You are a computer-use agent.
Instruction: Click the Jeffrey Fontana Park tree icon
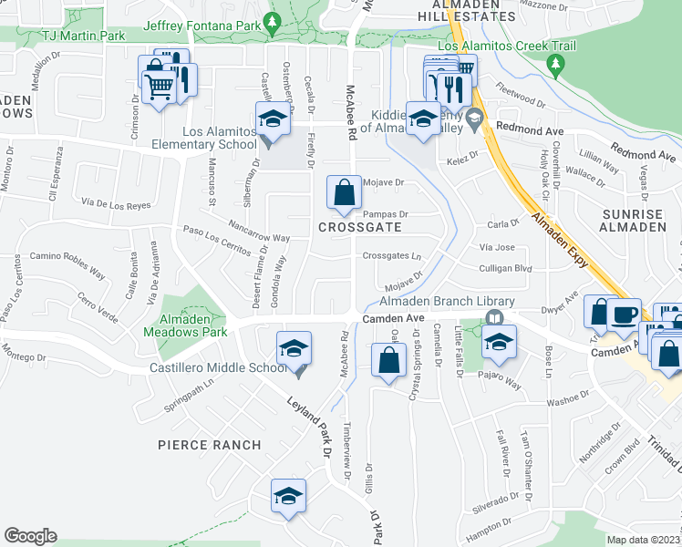click(271, 20)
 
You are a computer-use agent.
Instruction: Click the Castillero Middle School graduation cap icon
click(294, 347)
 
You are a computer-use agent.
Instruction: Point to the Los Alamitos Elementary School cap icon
click(271, 118)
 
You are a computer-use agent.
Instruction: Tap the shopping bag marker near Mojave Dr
click(345, 192)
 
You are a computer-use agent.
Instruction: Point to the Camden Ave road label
click(394, 318)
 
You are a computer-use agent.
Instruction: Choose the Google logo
click(31, 536)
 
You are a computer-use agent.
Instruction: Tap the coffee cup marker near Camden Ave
click(625, 315)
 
